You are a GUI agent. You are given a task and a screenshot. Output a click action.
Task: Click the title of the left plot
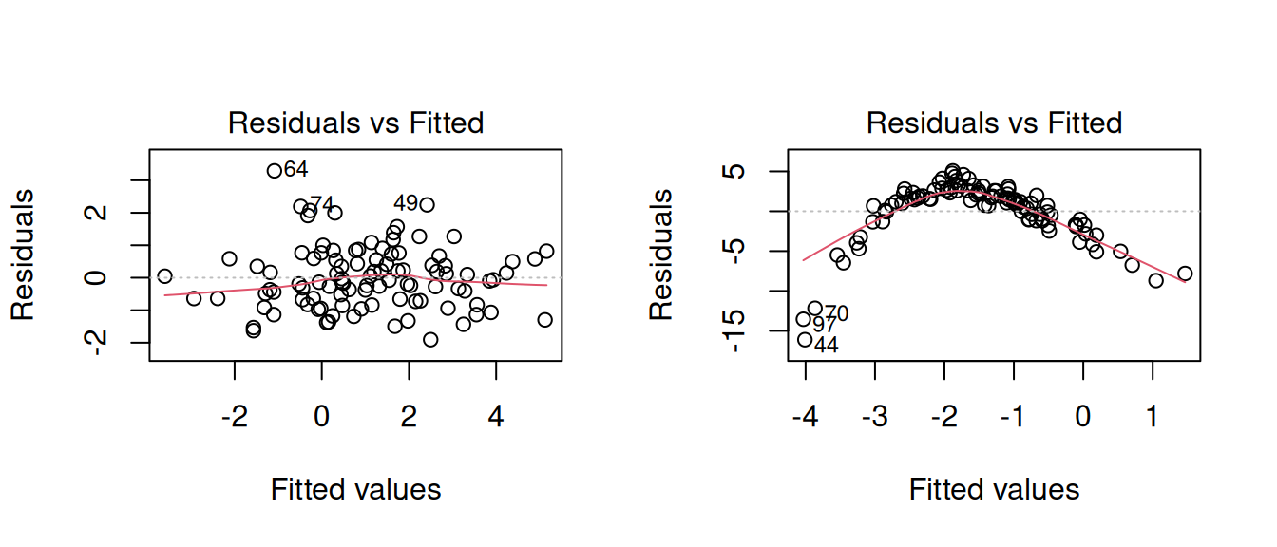click(x=356, y=123)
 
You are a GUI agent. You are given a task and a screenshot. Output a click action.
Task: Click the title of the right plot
click(x=994, y=123)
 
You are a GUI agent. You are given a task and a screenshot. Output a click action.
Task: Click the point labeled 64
click(x=275, y=171)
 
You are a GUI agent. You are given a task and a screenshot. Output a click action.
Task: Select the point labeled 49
click(x=427, y=204)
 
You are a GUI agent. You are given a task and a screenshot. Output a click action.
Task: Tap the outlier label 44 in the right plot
click(x=827, y=346)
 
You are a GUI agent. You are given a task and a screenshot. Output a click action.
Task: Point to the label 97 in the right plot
click(x=825, y=326)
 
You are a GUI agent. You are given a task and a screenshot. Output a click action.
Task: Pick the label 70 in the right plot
click(x=836, y=313)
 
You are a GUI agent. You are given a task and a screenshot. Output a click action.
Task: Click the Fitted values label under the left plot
click(x=356, y=490)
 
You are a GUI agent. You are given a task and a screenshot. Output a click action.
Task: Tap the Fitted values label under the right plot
click(x=994, y=490)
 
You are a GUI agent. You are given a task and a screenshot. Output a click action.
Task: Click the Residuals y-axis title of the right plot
click(x=661, y=255)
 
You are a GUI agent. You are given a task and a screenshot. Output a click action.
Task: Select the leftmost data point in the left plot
click(x=164, y=276)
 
